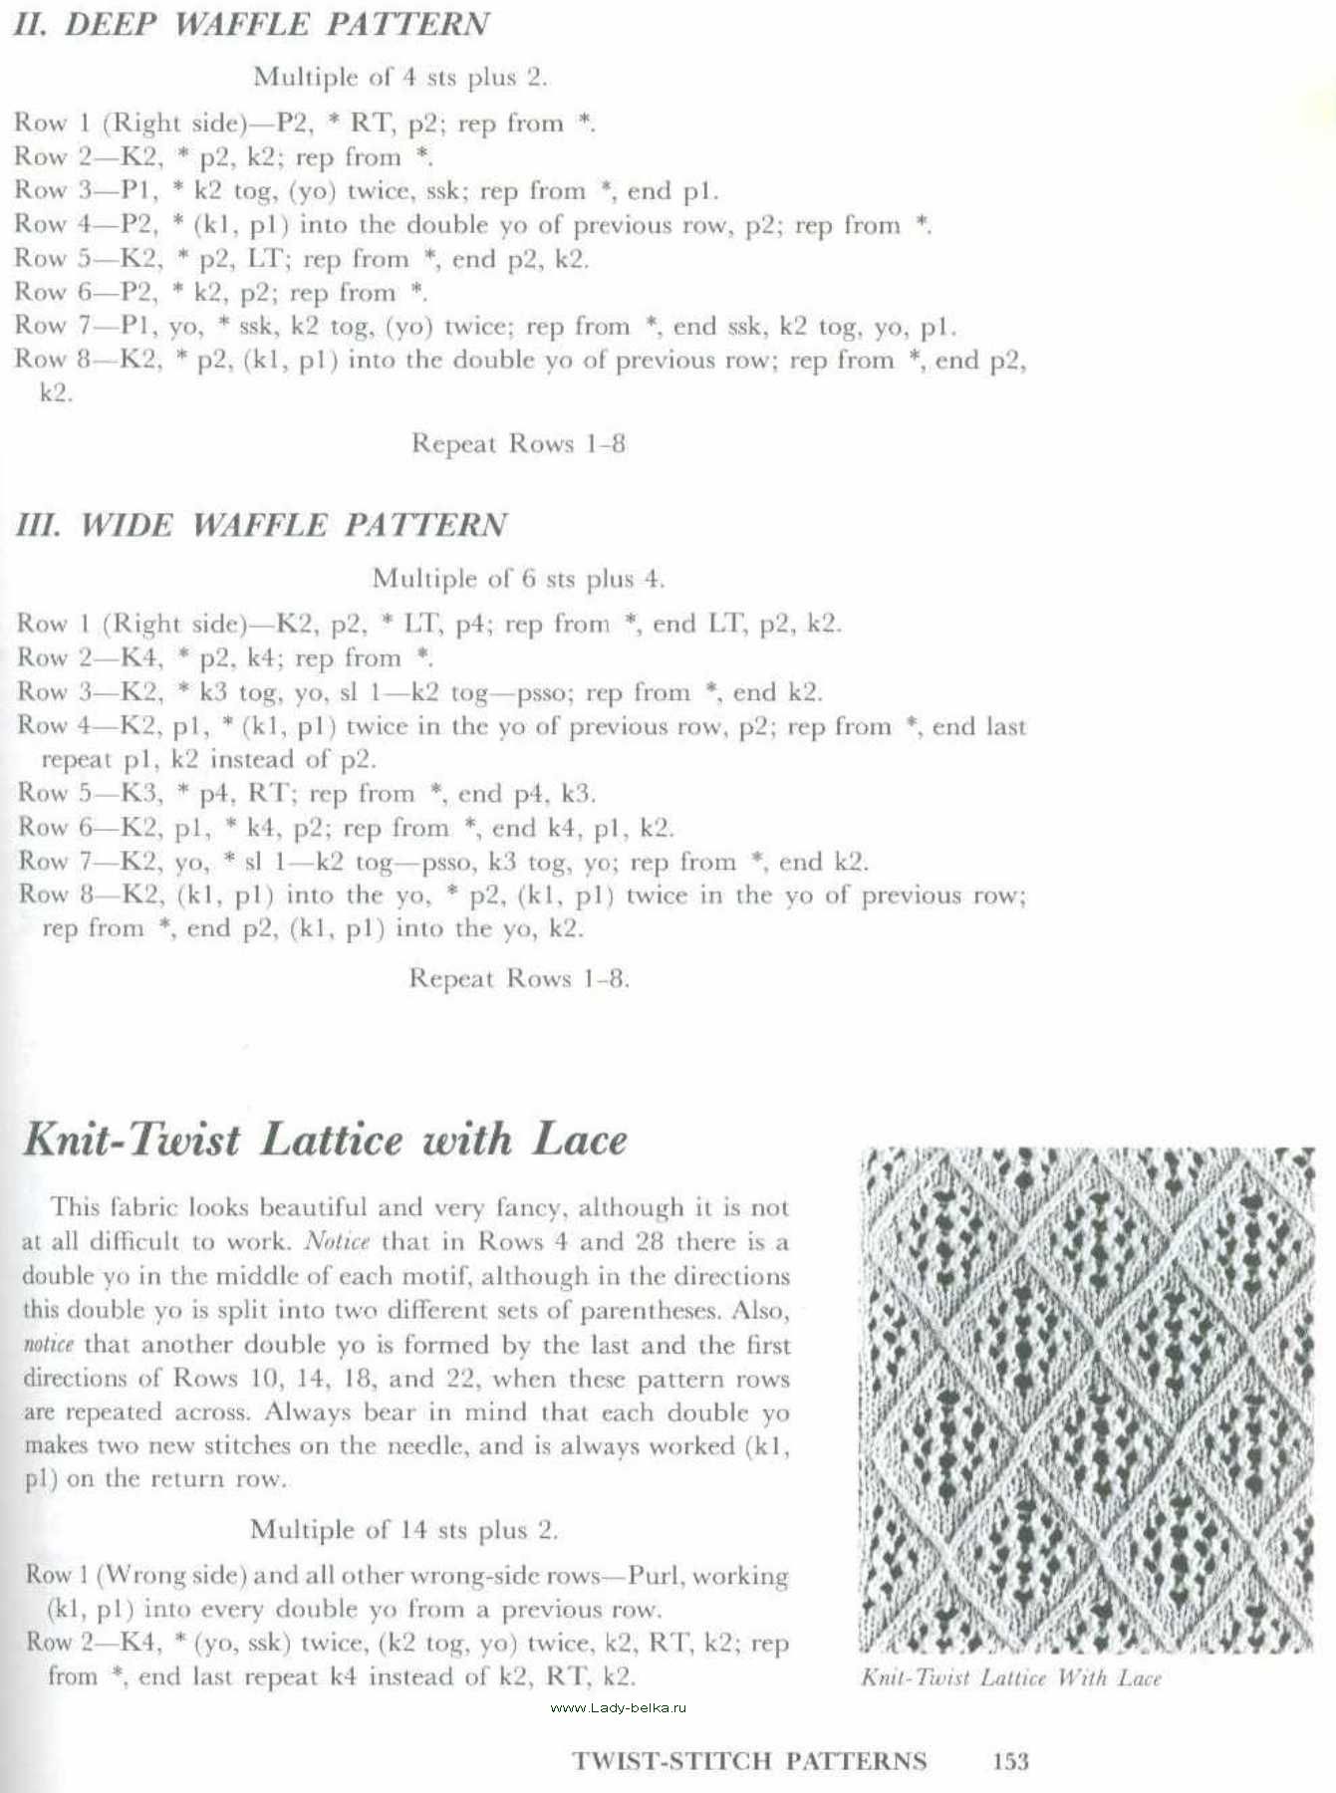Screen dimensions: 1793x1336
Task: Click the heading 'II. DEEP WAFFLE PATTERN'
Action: (x=251, y=25)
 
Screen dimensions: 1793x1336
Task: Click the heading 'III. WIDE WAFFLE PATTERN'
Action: (x=262, y=525)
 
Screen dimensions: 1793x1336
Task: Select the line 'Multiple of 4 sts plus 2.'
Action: (x=401, y=77)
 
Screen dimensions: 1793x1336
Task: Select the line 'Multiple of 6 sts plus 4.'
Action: (x=518, y=578)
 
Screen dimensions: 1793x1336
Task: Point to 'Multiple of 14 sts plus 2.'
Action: (x=403, y=1529)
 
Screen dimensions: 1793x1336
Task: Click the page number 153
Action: (x=1010, y=1761)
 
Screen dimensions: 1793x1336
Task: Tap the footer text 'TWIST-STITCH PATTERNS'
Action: (x=749, y=1761)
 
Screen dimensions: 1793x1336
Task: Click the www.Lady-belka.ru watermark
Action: (x=618, y=1707)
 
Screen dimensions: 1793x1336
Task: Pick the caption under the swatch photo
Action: (x=1011, y=1678)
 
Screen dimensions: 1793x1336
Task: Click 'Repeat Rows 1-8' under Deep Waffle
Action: (x=518, y=443)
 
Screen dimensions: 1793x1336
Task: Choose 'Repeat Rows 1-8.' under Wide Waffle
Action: (x=519, y=978)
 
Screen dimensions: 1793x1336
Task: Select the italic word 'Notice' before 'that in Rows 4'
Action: (x=337, y=1242)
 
